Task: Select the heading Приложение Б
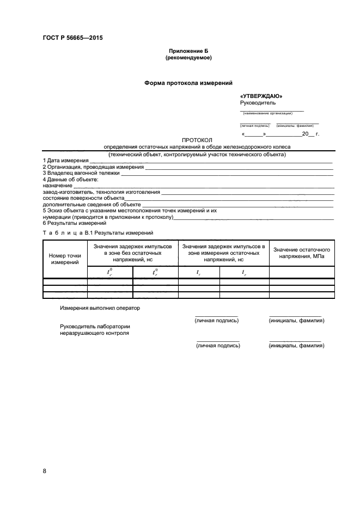(188, 51)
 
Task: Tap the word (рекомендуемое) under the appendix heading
(188, 57)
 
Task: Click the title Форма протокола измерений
(188, 83)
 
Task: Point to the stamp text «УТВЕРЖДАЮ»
(261, 96)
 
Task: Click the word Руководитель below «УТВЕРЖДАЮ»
(258, 102)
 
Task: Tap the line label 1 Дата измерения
(65, 161)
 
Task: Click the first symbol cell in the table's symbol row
(109, 272)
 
